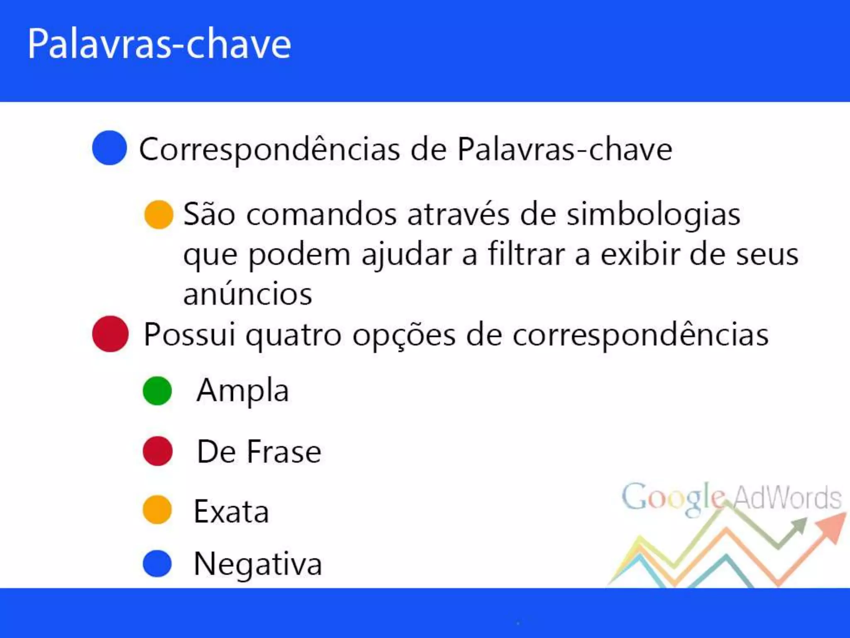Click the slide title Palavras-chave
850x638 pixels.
[x=159, y=44]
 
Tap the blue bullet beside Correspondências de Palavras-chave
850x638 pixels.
[x=109, y=148]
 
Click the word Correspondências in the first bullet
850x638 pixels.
[x=269, y=150]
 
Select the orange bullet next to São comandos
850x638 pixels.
[x=159, y=214]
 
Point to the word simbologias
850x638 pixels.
[x=653, y=215]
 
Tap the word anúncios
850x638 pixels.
[x=248, y=294]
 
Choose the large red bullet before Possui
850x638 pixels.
[x=110, y=334]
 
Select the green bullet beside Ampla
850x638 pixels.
[x=157, y=391]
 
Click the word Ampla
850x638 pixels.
[x=243, y=391]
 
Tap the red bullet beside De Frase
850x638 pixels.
[x=157, y=451]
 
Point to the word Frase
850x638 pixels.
[x=284, y=452]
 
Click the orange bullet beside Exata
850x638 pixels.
[x=157, y=510]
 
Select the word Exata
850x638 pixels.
[x=231, y=512]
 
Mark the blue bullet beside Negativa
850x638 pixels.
[x=157, y=564]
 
